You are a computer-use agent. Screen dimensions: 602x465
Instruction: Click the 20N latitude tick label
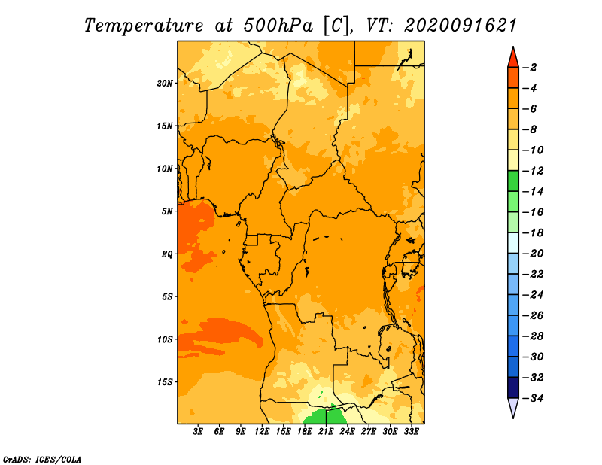[164, 84]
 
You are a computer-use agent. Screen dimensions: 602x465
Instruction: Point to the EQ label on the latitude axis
[166, 254]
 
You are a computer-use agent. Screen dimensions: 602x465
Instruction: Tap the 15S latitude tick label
[164, 382]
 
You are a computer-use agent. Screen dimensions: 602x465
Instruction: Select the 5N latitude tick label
[166, 211]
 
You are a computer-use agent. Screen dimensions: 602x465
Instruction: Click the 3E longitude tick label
[198, 432]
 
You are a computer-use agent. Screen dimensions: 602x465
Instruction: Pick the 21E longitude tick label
[326, 432]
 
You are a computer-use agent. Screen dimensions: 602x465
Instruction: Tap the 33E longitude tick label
[411, 432]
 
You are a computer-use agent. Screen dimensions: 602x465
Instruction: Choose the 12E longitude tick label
[262, 432]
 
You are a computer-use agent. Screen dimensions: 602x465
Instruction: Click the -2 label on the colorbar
[531, 68]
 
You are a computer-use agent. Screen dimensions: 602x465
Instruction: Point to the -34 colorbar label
[534, 398]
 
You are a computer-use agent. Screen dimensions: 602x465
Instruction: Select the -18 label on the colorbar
[534, 232]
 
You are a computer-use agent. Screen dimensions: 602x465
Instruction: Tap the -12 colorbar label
[534, 171]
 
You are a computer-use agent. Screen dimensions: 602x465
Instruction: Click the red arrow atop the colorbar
[513, 59]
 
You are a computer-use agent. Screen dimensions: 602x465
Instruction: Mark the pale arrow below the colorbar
[513, 406]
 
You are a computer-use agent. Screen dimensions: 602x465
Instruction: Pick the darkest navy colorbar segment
[513, 387]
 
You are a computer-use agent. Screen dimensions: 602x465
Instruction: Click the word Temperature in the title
[144, 26]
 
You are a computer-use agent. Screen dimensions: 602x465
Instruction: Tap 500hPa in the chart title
[278, 26]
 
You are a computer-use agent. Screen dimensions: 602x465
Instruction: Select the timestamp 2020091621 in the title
[461, 26]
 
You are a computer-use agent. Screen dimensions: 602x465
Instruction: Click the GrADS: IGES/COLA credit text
[42, 460]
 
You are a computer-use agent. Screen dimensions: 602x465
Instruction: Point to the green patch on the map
[323, 416]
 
